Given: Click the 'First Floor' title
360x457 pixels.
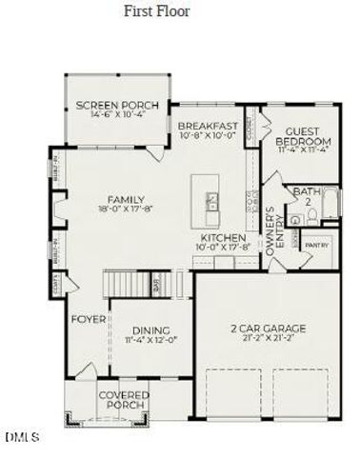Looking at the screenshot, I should click(x=157, y=11).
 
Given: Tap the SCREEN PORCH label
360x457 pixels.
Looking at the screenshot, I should click(x=116, y=105).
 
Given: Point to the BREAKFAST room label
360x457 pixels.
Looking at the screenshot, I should click(x=208, y=126).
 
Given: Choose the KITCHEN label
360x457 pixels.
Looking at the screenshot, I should click(x=224, y=237).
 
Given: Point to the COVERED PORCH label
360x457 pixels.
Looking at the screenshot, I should click(x=122, y=400).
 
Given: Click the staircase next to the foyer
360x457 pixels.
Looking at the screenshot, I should click(x=130, y=283).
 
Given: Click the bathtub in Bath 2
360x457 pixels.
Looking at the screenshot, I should click(x=330, y=204).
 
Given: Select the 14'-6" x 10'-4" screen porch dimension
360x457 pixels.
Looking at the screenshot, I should click(x=116, y=114).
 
